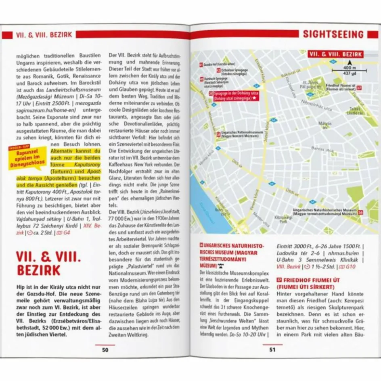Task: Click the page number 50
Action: pyautogui.click(x=105, y=350)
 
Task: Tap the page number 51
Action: pyautogui.click(x=272, y=350)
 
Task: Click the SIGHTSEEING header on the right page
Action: pyautogui.click(x=333, y=34)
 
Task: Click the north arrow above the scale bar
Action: pyautogui.click(x=350, y=63)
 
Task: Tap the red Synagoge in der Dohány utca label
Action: pyautogui.click(x=232, y=96)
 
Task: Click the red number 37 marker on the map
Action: pyautogui.click(x=359, y=88)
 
